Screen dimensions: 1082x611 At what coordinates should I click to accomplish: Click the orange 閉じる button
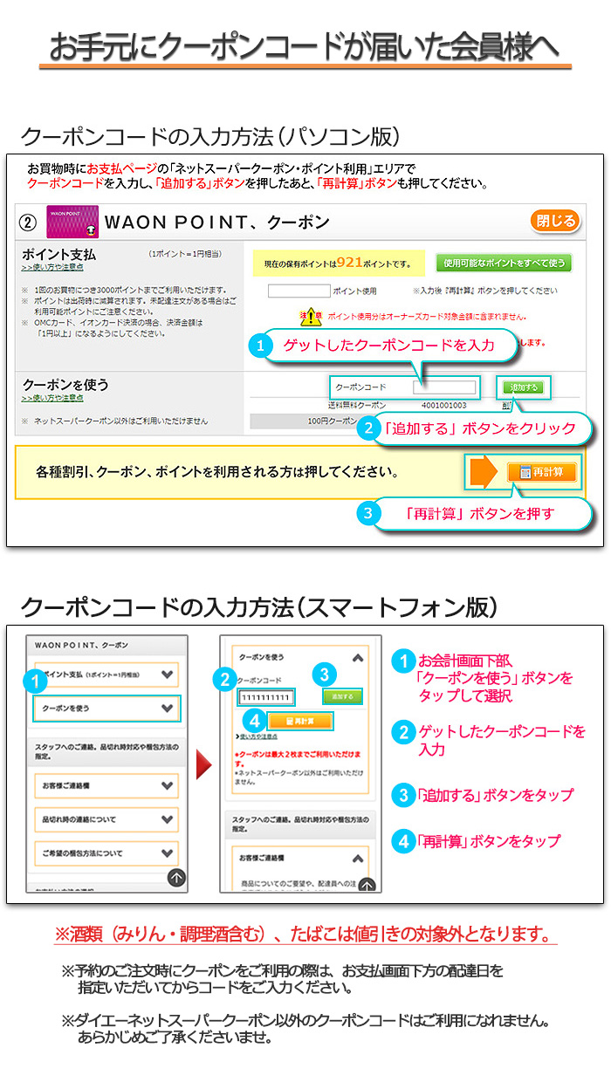click(554, 221)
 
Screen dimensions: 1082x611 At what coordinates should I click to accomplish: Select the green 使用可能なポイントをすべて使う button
click(504, 263)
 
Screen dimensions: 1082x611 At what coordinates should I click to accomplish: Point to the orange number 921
click(348, 262)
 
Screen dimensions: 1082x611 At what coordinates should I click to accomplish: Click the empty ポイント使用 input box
click(299, 291)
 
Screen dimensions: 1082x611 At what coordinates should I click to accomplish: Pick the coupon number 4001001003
click(443, 405)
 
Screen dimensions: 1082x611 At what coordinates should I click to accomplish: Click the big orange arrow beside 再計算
click(484, 471)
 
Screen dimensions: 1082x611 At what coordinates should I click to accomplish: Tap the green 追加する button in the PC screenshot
click(525, 387)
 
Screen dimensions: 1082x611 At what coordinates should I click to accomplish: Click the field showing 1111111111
click(265, 697)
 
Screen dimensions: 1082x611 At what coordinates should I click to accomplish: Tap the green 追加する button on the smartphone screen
click(341, 696)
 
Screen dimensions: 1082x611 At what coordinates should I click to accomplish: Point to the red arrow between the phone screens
click(203, 765)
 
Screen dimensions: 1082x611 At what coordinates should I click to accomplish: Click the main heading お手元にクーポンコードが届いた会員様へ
click(305, 47)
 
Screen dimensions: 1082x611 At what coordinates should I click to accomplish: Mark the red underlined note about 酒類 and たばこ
click(305, 935)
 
